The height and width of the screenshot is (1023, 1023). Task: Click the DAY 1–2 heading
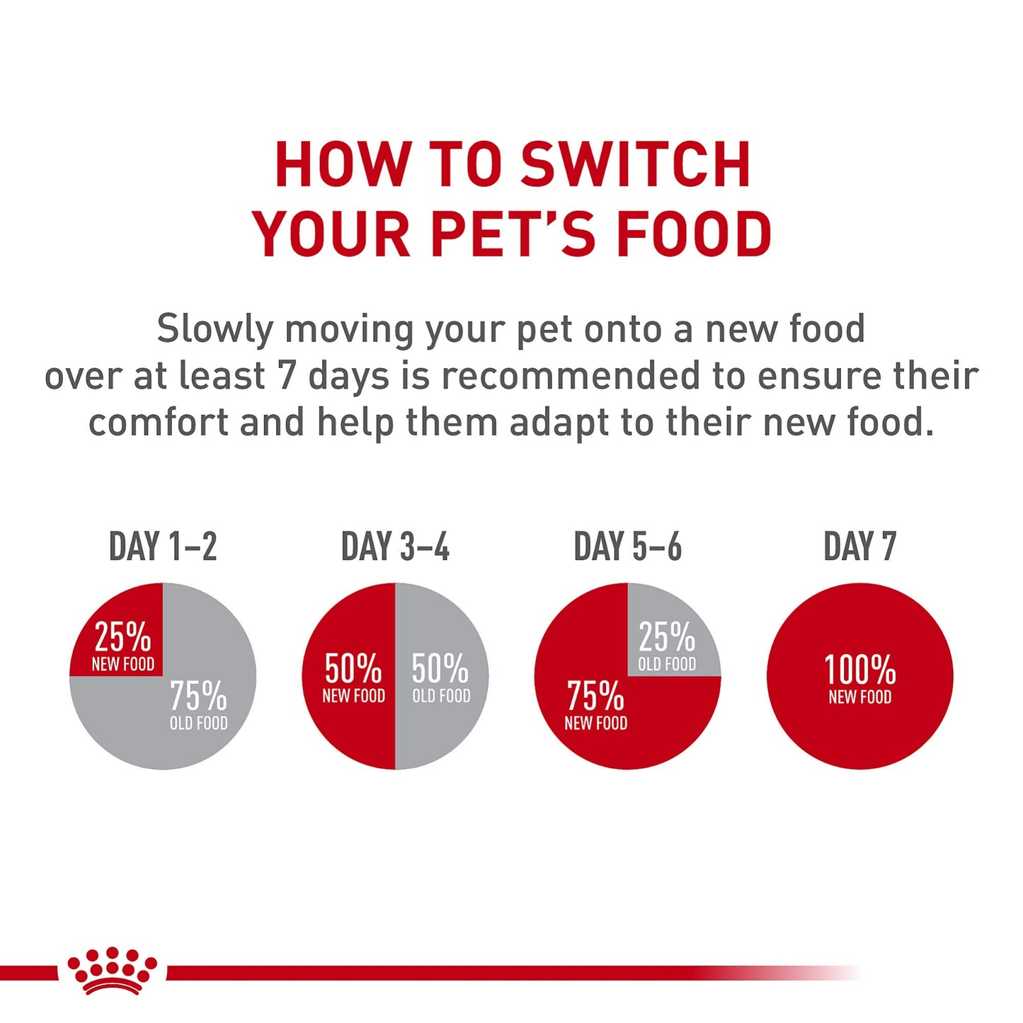pos(163,547)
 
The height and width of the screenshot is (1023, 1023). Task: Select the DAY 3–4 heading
pos(395,547)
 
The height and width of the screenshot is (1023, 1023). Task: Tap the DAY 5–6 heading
pos(627,547)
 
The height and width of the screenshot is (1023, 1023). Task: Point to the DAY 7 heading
pos(859,547)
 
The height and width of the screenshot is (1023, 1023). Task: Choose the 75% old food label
pos(198,704)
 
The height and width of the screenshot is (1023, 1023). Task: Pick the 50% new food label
pos(353,678)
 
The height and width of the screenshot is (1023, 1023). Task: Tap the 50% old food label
pos(440,678)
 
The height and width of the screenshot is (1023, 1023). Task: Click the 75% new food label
pos(595,704)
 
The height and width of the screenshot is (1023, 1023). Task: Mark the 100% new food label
pos(859,678)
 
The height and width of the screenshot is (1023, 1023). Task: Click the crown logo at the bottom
pos(112,971)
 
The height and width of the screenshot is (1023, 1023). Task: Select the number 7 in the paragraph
pos(286,375)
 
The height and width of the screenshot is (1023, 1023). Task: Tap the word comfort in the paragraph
pos(159,422)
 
